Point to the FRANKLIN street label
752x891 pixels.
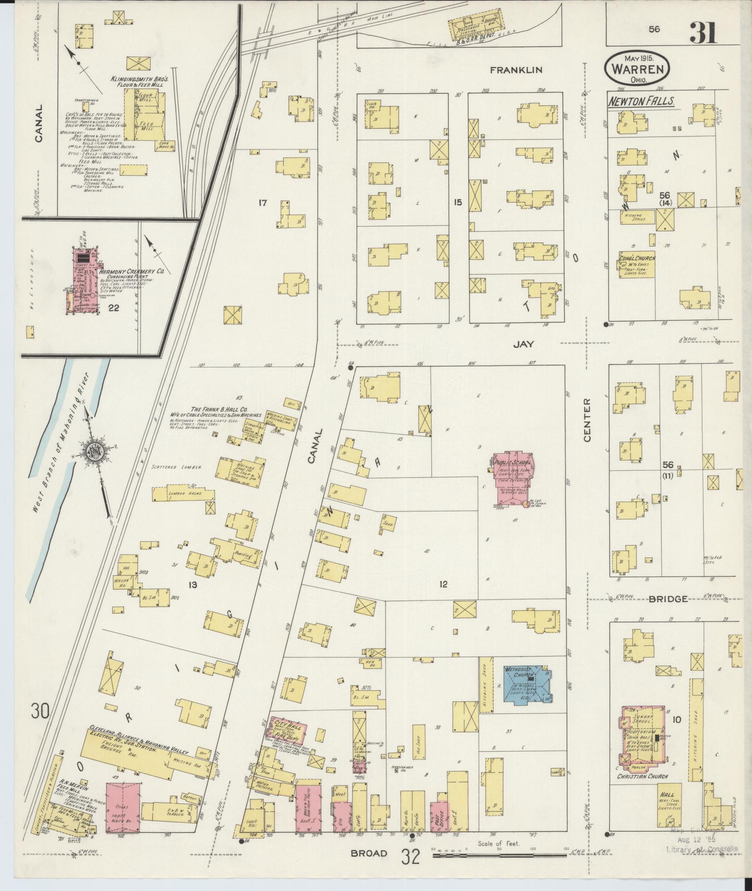tap(516, 70)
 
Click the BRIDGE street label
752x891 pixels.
tap(668, 599)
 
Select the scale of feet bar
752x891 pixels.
tap(499, 856)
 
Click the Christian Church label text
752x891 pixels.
tap(643, 776)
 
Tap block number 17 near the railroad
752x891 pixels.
tap(263, 202)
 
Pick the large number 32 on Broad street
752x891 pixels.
tap(410, 857)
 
